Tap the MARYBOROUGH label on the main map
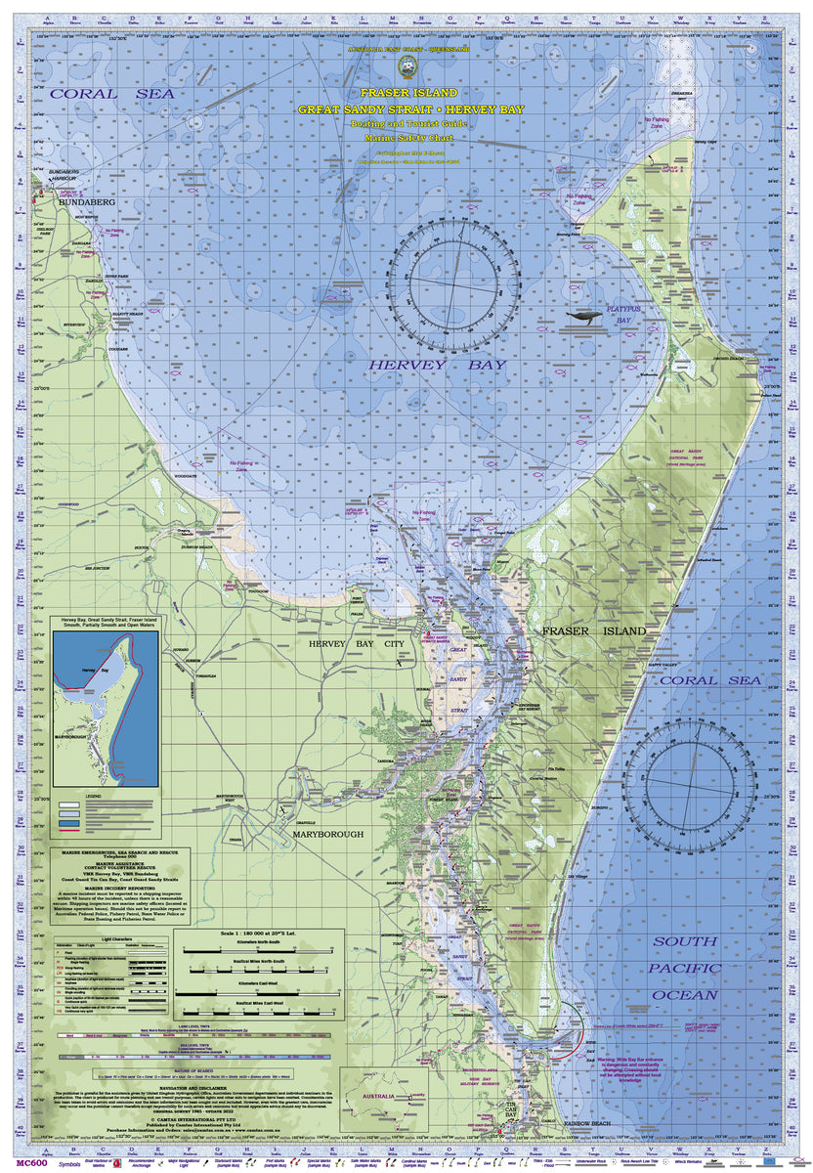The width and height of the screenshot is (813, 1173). (x=322, y=834)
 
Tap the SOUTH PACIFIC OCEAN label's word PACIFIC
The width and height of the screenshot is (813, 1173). (x=685, y=968)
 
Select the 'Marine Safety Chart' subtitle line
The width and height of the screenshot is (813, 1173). (x=406, y=139)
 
